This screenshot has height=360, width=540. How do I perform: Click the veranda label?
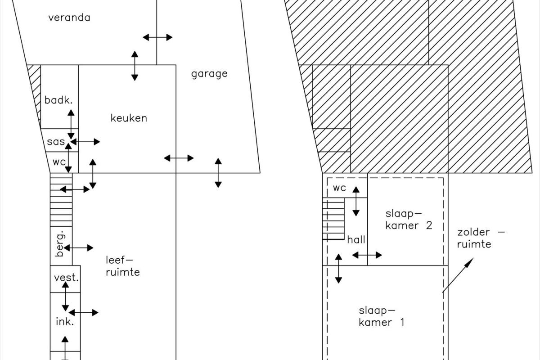click(69, 18)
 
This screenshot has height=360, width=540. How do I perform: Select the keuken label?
click(129, 118)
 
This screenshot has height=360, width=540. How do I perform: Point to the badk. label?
click(58, 100)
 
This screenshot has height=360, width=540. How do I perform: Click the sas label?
click(56, 142)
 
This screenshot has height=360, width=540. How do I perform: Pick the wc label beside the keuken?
click(59, 162)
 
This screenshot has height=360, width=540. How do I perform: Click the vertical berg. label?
click(60, 244)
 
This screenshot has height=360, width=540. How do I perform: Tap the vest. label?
click(66, 278)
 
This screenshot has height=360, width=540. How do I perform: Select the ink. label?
click(65, 321)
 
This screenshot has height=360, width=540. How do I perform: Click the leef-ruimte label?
click(123, 266)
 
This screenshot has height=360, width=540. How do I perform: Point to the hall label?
click(356, 240)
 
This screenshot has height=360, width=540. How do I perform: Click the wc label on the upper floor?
click(339, 188)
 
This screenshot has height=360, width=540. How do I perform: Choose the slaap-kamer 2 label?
click(409, 220)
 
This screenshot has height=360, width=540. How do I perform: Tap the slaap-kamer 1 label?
click(382, 316)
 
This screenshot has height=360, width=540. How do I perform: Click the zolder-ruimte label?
click(481, 238)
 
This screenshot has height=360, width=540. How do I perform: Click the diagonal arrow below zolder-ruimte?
click(458, 275)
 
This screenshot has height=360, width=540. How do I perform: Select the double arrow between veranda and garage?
click(157, 37)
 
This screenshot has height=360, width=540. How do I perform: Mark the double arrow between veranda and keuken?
click(135, 66)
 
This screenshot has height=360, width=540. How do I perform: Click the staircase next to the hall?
click(333, 219)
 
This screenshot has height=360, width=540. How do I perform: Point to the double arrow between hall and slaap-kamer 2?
click(367, 255)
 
